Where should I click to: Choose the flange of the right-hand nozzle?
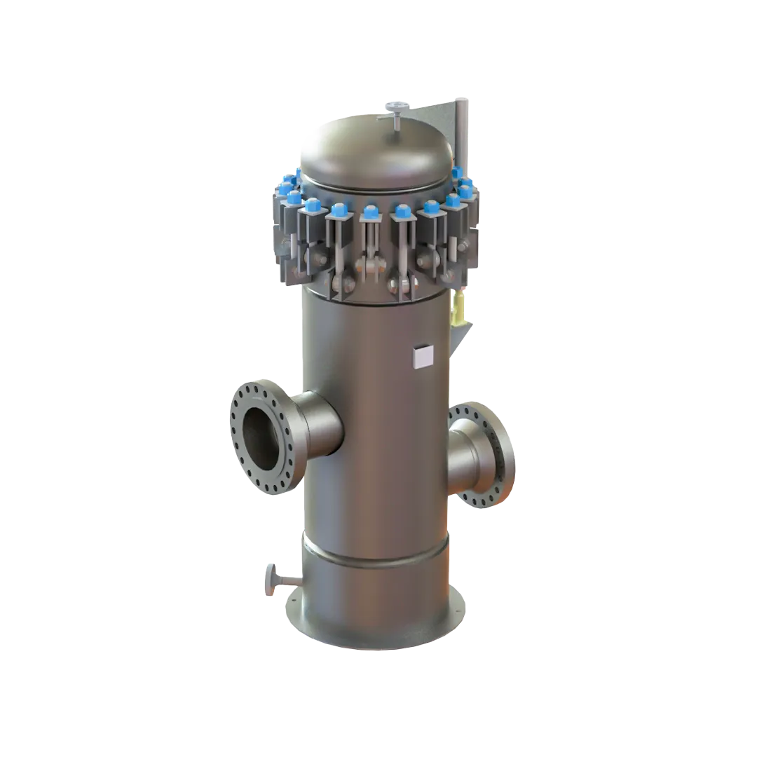pyautogui.click(x=500, y=449)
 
